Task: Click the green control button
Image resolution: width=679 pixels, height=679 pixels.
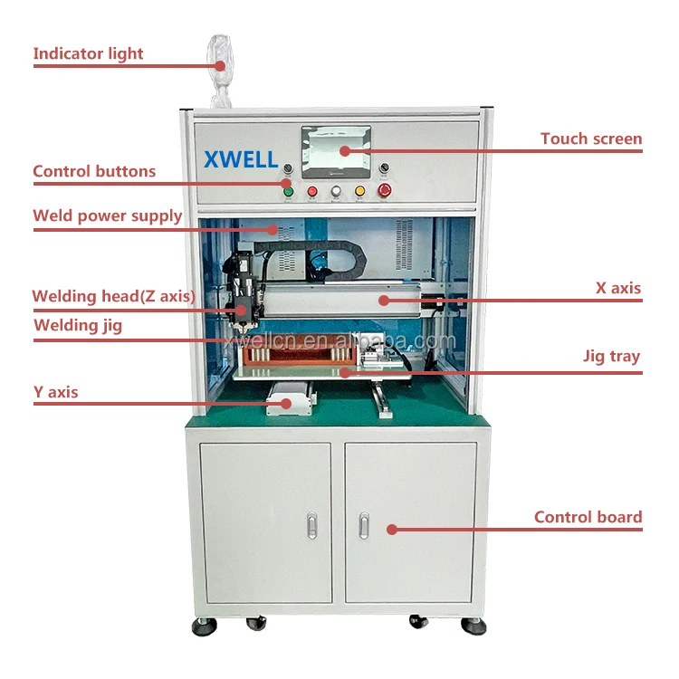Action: point(289,191)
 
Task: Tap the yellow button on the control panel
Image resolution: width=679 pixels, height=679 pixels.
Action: point(359,191)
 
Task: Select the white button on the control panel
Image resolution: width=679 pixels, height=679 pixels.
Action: point(336,191)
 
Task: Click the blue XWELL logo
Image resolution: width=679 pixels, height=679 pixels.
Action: point(241,160)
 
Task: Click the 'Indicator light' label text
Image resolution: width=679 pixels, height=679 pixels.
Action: point(88,53)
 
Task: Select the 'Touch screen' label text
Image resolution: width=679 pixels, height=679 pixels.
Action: point(591,139)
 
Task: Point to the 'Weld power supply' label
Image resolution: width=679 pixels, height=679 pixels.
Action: point(107,215)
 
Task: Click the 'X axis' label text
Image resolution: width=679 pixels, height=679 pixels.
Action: point(617,289)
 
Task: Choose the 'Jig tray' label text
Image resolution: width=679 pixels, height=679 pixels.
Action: point(611,356)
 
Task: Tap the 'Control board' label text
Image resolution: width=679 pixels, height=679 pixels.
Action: point(588,517)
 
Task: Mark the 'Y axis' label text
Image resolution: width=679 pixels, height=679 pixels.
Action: point(55,392)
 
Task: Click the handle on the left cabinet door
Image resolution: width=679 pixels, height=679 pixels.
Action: point(312,524)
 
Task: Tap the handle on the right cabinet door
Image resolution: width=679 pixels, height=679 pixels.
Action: point(364,524)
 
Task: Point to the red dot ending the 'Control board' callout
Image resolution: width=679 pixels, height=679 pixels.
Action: point(391,530)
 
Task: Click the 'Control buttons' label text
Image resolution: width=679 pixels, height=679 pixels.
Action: point(94,171)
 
